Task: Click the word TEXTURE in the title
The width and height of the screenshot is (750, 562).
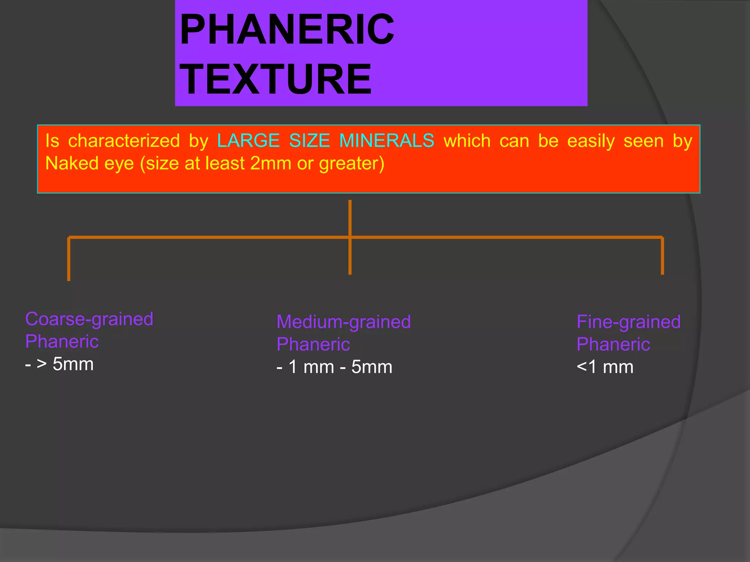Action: (276, 79)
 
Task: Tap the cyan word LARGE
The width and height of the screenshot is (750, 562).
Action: (248, 141)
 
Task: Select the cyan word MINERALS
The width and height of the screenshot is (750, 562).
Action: (387, 141)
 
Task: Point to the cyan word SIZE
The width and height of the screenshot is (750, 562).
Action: (309, 141)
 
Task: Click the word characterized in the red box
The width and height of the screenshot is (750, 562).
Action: (124, 141)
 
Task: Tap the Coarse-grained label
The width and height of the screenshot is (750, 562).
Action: (89, 319)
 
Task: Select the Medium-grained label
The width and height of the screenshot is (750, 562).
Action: (344, 322)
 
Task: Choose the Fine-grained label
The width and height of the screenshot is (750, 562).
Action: (628, 322)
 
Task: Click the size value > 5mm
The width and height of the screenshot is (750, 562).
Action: (65, 364)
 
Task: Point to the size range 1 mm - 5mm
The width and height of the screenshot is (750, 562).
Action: (340, 367)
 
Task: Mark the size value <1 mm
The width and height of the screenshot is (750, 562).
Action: (605, 367)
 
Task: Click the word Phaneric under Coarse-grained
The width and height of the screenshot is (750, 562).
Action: (62, 342)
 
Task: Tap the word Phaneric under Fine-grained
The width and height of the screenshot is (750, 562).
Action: (613, 345)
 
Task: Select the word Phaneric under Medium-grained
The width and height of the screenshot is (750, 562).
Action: (313, 345)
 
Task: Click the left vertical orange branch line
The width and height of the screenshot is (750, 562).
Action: (68, 259)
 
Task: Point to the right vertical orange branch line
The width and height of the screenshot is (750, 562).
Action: (662, 256)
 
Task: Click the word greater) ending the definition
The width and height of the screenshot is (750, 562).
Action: (352, 164)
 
